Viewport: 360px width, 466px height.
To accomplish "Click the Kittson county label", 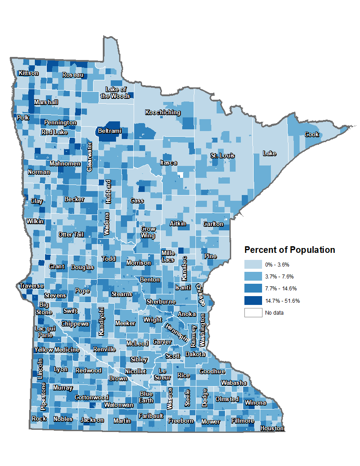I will point(28,73).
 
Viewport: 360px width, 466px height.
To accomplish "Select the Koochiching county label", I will point(163,113).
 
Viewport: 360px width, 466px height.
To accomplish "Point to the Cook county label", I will point(311,135).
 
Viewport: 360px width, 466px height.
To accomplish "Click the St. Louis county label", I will point(222,156).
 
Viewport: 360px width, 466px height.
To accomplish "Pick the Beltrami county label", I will point(109,131).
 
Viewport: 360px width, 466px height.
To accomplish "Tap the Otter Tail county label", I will point(71,235).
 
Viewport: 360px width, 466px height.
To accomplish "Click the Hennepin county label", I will point(176,332).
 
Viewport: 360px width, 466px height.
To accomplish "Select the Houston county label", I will point(272,428).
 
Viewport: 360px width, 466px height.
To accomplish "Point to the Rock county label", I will point(39,419).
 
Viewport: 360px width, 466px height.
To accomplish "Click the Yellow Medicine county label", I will point(57,350).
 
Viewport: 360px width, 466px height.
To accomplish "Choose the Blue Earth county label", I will point(146,397).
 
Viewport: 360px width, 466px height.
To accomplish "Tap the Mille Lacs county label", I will point(168,256).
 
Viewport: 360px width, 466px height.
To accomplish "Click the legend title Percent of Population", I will point(290,250).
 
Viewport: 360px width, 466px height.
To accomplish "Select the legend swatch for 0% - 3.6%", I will point(253,265).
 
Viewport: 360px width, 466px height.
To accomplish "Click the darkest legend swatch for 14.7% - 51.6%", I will point(253,301).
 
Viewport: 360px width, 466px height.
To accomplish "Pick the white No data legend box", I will point(253,313).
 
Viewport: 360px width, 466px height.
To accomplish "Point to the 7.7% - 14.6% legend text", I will point(281,289).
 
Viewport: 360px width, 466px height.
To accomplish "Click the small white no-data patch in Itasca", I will point(180,174).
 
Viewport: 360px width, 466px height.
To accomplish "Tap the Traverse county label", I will point(31,286).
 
